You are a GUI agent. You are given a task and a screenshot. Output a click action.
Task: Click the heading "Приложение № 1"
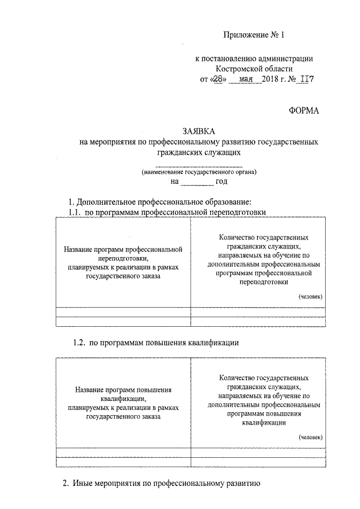(254, 35)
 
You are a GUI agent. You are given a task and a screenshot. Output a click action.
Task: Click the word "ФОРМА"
(304, 110)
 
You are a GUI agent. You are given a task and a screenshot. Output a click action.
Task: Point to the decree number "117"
(305, 79)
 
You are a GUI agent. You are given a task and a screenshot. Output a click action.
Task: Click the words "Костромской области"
(253, 68)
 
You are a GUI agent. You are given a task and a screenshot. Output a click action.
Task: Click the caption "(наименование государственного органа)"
(199, 173)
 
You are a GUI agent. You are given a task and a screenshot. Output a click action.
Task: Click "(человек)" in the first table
(310, 296)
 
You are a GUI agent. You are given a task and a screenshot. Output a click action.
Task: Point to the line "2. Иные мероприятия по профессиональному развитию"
(160, 483)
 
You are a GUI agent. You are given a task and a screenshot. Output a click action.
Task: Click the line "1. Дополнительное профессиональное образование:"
(160, 202)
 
